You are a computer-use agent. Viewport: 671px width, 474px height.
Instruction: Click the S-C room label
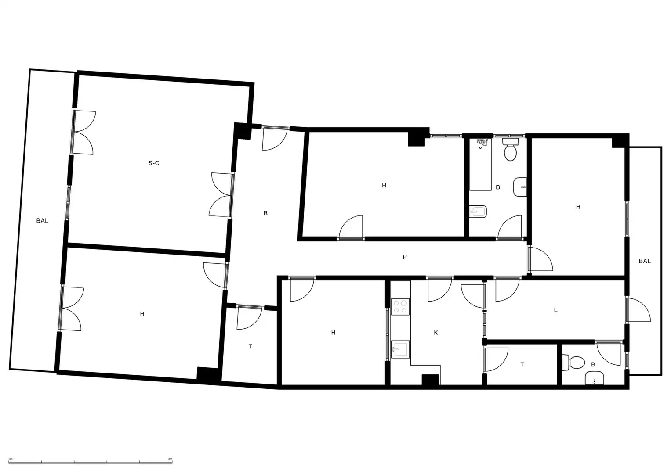coord(154,163)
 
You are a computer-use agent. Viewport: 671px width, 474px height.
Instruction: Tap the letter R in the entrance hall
coord(265,213)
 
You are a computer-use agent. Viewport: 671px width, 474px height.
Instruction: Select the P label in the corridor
coord(405,257)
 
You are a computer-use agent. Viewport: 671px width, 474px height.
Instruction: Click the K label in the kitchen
coord(436,333)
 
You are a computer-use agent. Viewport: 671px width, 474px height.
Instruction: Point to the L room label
coord(556,310)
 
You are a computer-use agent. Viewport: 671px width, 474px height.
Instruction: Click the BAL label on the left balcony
coord(42,220)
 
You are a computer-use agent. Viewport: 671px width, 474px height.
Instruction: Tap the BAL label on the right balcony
coord(645,261)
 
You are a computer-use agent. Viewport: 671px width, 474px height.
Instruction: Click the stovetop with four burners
coord(400,306)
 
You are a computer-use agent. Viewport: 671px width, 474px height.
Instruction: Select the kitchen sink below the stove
coord(400,349)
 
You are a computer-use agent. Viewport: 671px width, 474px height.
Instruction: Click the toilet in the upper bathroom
coord(510,149)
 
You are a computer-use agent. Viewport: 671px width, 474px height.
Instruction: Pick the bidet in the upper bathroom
coord(478,212)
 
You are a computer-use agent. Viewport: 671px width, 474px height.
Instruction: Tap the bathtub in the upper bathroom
coord(480,164)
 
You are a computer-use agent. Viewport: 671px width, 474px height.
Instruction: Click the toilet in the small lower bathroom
coord(573,363)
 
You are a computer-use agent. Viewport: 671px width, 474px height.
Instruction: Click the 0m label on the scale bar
coord(11,459)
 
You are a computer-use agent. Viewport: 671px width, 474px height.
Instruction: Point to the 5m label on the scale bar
coord(170,459)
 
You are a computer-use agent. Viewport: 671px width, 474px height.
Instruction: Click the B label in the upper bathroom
coord(498,187)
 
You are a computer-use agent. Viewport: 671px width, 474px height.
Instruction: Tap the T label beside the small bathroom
coord(522,364)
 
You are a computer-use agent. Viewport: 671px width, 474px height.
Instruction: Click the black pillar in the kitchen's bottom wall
coord(430,380)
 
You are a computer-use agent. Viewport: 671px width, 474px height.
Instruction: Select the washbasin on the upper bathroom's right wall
coord(520,187)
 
